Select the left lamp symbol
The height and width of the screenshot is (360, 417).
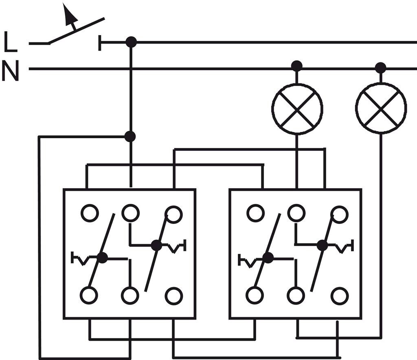[x=297, y=108]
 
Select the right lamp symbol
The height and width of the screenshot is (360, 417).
[x=381, y=108]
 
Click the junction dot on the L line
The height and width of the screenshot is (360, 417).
[x=131, y=42]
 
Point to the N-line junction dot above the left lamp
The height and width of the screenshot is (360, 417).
[x=297, y=66]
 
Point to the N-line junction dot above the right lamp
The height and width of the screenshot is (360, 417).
[x=380, y=67]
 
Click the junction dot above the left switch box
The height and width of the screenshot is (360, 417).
[x=130, y=137]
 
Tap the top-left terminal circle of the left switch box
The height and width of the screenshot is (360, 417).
[x=89, y=213]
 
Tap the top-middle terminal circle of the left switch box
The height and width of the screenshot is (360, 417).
[x=130, y=213]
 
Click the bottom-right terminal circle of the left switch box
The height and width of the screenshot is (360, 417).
[x=174, y=295]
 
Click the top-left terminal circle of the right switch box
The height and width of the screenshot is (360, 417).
[x=255, y=213]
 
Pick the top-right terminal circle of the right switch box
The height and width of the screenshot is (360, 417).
[x=339, y=214]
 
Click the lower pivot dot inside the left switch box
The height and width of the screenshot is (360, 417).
[x=102, y=258]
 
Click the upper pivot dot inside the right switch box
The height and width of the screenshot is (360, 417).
[x=322, y=245]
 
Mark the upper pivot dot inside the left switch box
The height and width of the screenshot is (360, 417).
[x=156, y=245]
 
